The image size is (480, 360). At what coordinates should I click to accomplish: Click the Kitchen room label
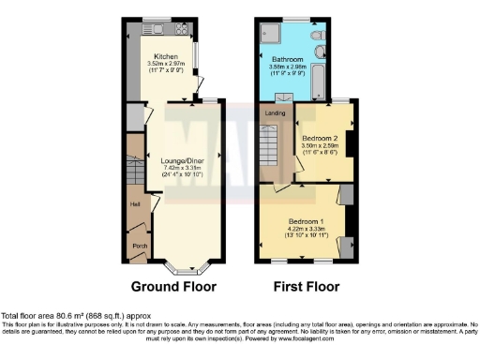tap(166, 56)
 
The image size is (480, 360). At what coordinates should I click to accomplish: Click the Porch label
tap(139, 247)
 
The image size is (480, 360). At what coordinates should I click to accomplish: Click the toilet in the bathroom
tap(321, 52)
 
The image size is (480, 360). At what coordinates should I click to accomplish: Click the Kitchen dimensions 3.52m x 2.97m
tap(166, 64)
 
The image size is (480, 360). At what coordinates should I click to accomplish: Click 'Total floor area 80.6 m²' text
tap(56, 316)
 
